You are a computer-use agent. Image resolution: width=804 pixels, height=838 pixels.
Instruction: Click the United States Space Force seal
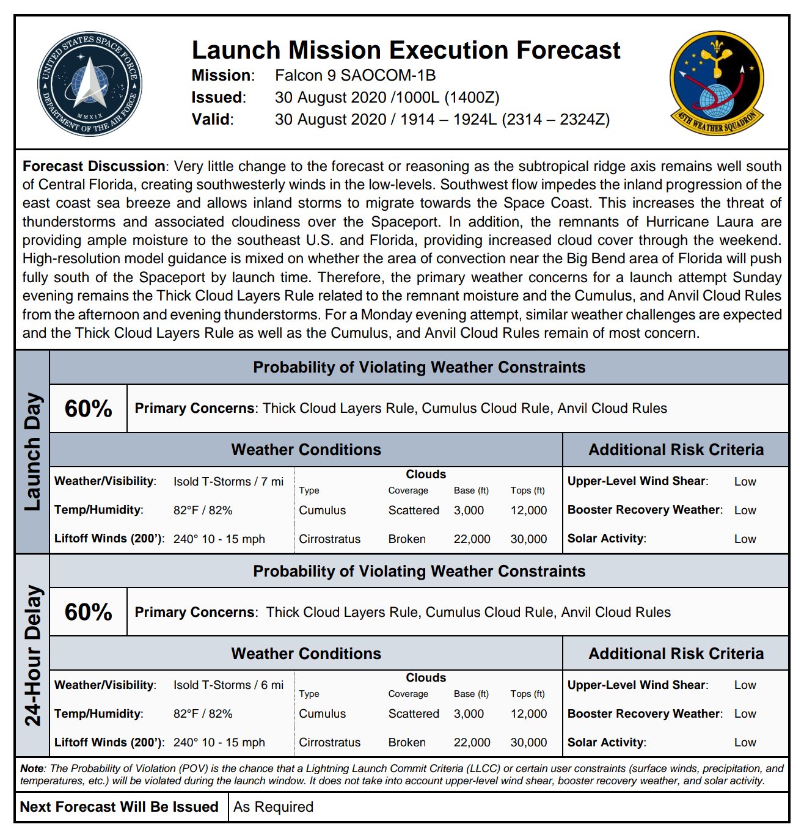pos(89,84)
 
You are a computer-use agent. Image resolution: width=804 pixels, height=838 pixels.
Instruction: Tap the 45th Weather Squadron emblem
pos(716,83)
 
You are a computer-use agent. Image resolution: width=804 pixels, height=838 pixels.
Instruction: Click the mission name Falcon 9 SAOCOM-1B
pos(355,75)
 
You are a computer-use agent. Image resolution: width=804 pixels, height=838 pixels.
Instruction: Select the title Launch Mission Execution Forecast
pos(406,50)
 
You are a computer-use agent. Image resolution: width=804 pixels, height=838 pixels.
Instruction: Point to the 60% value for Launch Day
pos(89,409)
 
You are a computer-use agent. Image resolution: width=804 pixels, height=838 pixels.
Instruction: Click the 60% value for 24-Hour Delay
pos(89,612)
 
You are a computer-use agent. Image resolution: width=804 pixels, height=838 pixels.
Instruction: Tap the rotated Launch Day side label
pos(32,452)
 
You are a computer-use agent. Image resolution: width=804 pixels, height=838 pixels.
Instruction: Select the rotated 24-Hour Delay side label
pos(32,655)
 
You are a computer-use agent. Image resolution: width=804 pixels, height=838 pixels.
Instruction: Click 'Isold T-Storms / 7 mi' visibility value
pos(228,481)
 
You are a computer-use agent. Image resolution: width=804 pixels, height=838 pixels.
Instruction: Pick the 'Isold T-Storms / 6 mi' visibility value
pos(228,685)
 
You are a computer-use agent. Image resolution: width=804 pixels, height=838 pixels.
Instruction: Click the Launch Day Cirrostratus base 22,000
pos(472,539)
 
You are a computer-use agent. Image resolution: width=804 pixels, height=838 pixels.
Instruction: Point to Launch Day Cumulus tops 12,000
pos(528,510)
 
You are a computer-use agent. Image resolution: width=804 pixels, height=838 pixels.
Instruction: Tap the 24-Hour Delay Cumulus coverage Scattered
pos(414,713)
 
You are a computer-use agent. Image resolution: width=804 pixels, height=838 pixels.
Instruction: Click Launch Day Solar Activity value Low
pos(745,539)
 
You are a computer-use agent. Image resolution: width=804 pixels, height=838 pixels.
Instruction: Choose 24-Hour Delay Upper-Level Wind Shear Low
pos(745,685)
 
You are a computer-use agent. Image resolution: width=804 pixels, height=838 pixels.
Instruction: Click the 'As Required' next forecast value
pos(273,807)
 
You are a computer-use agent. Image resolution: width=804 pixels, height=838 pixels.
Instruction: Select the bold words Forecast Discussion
pos(93,166)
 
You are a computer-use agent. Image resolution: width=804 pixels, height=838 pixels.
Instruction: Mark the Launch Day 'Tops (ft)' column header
pos(527,490)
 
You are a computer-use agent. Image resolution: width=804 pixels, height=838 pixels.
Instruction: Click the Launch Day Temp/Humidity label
pos(98,510)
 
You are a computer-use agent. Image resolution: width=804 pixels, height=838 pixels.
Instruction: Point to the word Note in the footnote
pos(32,768)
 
